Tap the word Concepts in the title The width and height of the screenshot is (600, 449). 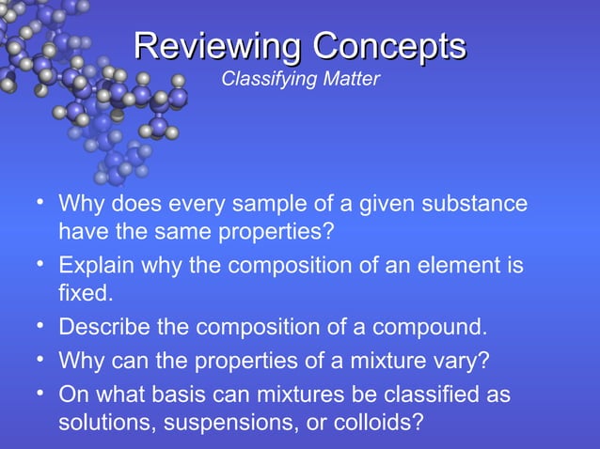[x=388, y=46]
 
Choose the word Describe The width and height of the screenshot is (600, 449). [x=103, y=328]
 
